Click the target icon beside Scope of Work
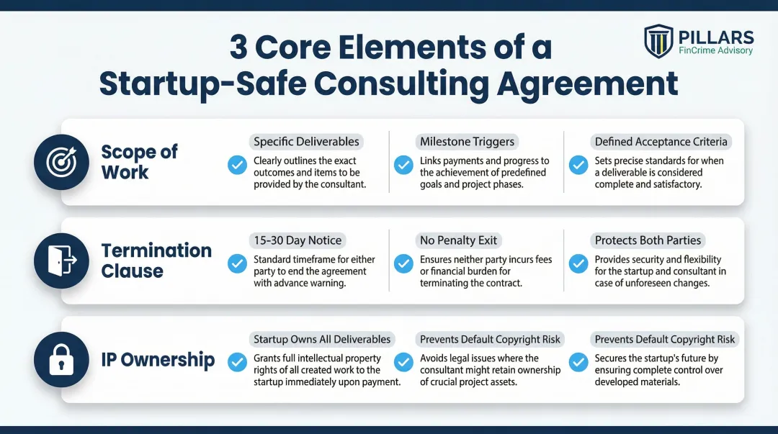click(61, 163)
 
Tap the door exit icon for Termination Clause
click(61, 261)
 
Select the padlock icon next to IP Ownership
click(61, 360)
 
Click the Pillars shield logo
click(658, 42)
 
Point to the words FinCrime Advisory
click(715, 50)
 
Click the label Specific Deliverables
click(306, 142)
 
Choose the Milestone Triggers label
click(468, 142)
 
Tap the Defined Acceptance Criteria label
click(661, 142)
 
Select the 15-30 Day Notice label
click(298, 240)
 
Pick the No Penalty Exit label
click(458, 240)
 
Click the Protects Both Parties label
click(648, 240)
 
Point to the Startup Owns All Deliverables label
click(321, 339)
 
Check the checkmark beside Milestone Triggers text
click(404, 166)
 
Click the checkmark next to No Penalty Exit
click(404, 264)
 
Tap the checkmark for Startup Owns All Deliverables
click(237, 363)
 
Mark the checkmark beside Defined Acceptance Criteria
click(578, 166)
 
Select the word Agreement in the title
click(588, 84)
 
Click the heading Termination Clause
click(156, 261)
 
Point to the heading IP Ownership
click(158, 360)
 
